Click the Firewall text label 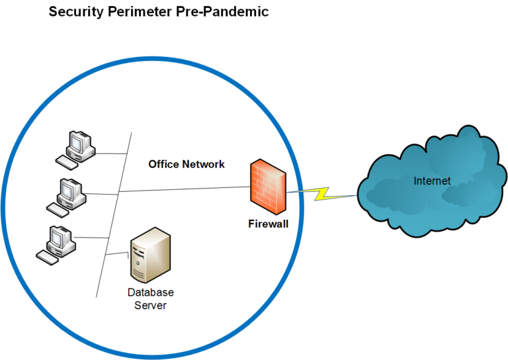coord(268,224)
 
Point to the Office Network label coord(186,164)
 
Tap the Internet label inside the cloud coord(432,181)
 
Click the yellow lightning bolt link coord(322,193)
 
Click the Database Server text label coord(150,298)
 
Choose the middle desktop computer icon coord(68,195)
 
